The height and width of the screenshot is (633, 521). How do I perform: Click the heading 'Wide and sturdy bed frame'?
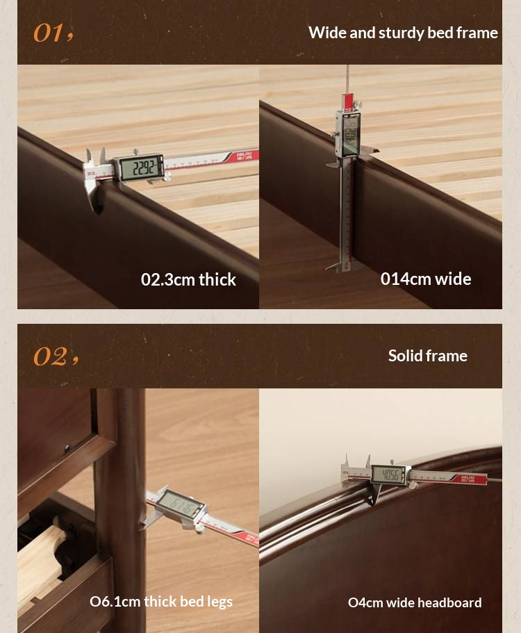pos(403,33)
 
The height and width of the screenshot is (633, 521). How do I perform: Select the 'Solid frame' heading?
pos(427,356)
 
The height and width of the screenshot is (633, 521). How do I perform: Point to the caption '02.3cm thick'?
pos(188,279)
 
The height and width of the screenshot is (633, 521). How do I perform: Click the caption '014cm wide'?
pos(425,279)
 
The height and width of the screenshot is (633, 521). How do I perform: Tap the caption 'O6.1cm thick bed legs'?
pos(160,602)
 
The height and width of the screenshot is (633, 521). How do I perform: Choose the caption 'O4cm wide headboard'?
pos(414,602)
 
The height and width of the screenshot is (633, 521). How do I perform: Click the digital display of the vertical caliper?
pos(349,133)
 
